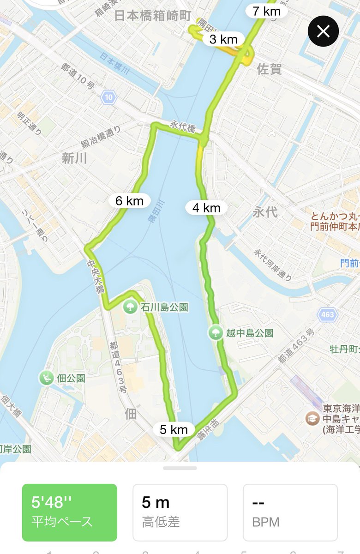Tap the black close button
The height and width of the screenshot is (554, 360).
[x=323, y=31]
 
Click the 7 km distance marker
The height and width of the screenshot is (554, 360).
[x=267, y=11]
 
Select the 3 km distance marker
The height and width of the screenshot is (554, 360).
[x=223, y=40]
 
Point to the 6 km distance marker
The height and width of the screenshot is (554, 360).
[x=129, y=201]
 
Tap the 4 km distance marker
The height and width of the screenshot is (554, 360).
[x=206, y=208]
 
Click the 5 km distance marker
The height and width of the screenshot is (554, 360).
[x=174, y=430]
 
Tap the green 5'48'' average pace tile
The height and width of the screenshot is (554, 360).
[x=70, y=512]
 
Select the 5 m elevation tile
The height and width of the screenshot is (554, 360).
[x=180, y=512]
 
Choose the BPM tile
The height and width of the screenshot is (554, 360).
[x=290, y=512]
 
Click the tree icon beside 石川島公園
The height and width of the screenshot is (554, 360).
[x=130, y=307]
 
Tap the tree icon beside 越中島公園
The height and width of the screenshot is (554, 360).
[x=215, y=332]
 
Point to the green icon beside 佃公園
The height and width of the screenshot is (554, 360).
[x=47, y=378]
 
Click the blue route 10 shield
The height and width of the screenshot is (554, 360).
[x=108, y=97]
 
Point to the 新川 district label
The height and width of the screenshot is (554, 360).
[x=74, y=159]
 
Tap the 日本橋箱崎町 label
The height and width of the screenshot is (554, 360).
[x=152, y=16]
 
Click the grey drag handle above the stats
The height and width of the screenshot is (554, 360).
[x=180, y=468]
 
